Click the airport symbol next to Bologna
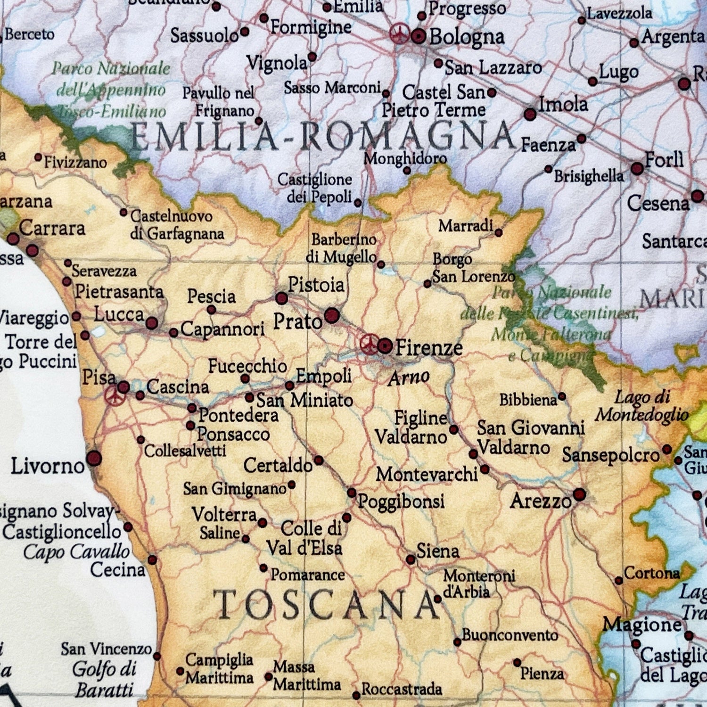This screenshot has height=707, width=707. (x=400, y=34)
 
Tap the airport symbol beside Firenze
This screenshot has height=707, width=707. (x=369, y=344)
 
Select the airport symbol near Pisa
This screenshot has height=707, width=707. (x=113, y=395)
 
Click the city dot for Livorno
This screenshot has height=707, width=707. (x=94, y=458)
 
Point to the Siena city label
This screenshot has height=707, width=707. (x=438, y=551)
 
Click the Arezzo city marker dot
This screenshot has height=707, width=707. (x=580, y=494)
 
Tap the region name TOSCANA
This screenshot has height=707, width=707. (x=327, y=605)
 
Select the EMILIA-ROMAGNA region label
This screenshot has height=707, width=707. (x=322, y=136)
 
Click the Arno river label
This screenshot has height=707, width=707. (x=409, y=377)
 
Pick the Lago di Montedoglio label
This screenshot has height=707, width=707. (x=641, y=406)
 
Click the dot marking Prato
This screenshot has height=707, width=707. (x=332, y=315)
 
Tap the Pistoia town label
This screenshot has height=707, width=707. (x=316, y=285)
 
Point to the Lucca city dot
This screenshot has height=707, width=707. (x=152, y=323)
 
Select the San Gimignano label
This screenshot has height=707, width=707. (x=234, y=489)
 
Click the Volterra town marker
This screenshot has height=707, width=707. (x=263, y=523)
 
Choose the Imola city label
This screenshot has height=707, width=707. (x=563, y=104)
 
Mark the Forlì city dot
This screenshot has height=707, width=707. (x=637, y=168)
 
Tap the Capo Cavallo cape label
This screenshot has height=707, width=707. (x=76, y=551)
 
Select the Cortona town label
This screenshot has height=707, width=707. (x=652, y=573)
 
